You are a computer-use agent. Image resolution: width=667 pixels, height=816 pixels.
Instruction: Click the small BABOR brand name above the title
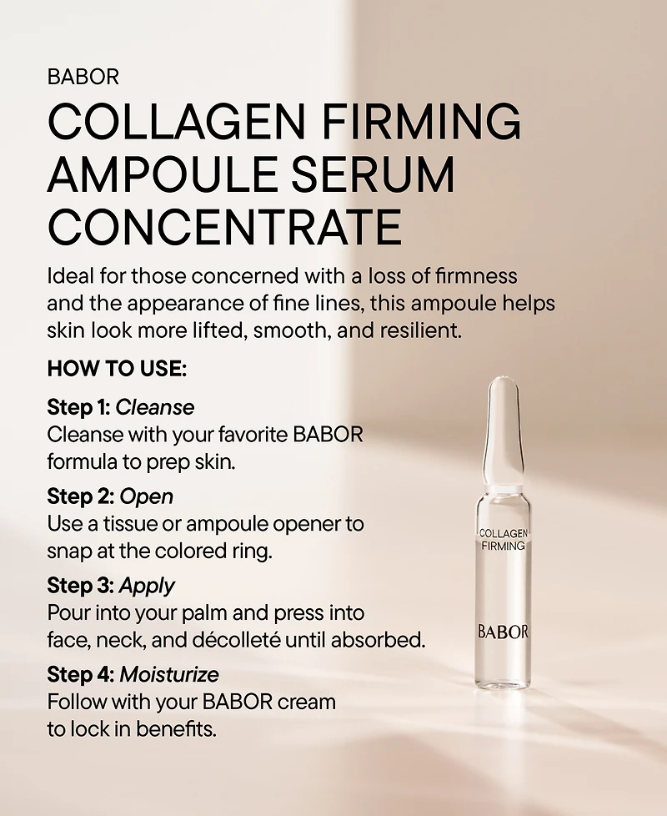tap(83, 78)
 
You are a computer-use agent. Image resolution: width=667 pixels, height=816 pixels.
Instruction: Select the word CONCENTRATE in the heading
tap(224, 226)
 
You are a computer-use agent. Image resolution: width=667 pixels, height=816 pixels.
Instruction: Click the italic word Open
tap(147, 496)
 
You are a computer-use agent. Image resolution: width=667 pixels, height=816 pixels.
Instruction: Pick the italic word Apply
tap(148, 586)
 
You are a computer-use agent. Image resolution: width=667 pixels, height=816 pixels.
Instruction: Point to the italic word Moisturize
tap(170, 673)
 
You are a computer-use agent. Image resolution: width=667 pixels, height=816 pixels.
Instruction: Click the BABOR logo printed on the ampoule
tap(503, 632)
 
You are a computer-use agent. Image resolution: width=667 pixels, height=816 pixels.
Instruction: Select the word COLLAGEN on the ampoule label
tap(503, 532)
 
